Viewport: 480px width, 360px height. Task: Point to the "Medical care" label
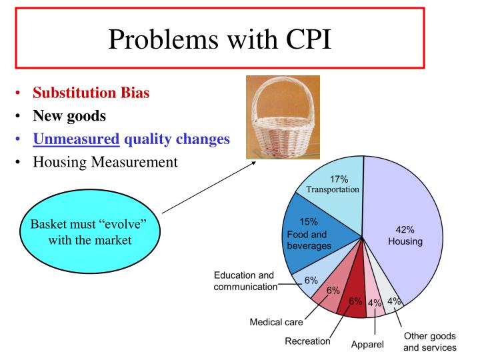click(x=276, y=322)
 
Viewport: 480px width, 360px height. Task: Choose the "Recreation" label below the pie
click(x=308, y=341)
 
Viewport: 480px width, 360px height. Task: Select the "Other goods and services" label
click(x=430, y=341)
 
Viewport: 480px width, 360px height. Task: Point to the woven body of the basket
click(x=283, y=137)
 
